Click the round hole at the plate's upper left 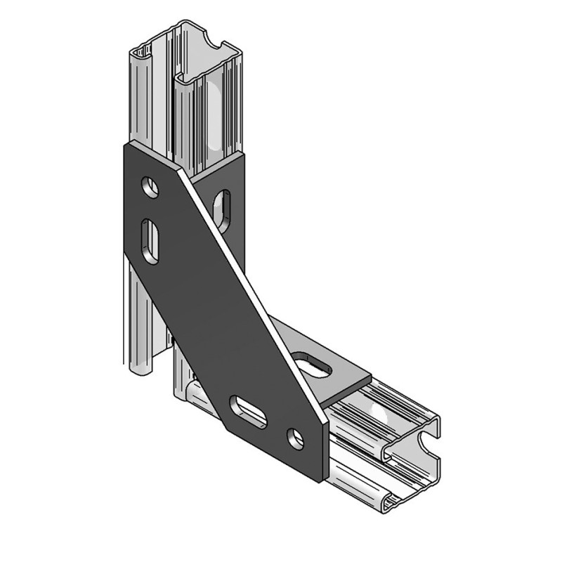tap(150, 187)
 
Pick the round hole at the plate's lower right tap(295, 438)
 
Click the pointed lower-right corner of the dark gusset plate tap(325, 481)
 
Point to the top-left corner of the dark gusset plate tap(126, 145)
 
